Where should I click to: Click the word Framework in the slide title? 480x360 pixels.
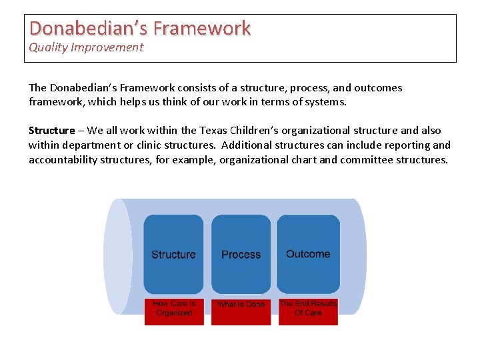pos(202,28)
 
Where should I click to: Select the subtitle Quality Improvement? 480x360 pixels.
pos(86,47)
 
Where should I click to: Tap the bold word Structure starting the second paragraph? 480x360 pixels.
pos(51,131)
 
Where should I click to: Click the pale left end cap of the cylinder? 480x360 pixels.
pos(117,256)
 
